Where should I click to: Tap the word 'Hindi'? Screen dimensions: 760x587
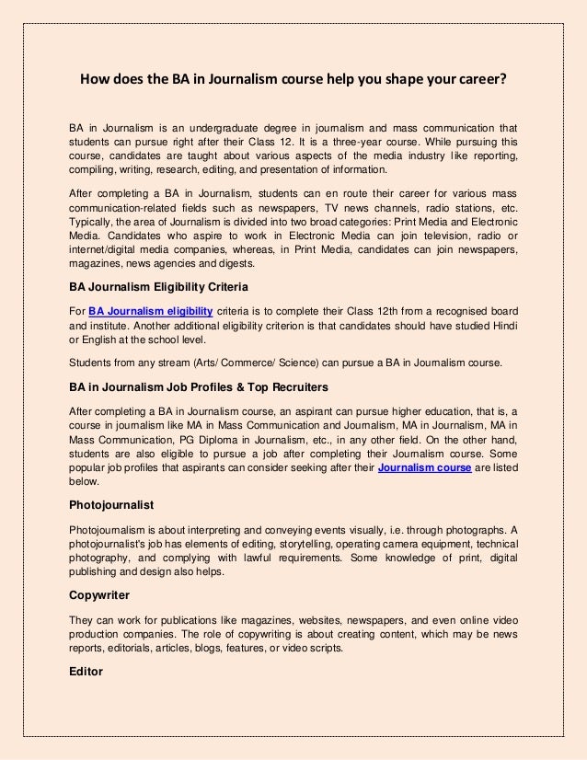[x=501, y=328]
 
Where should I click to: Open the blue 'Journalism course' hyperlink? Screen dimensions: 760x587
[x=425, y=468]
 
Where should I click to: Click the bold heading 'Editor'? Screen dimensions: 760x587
[x=86, y=671]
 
